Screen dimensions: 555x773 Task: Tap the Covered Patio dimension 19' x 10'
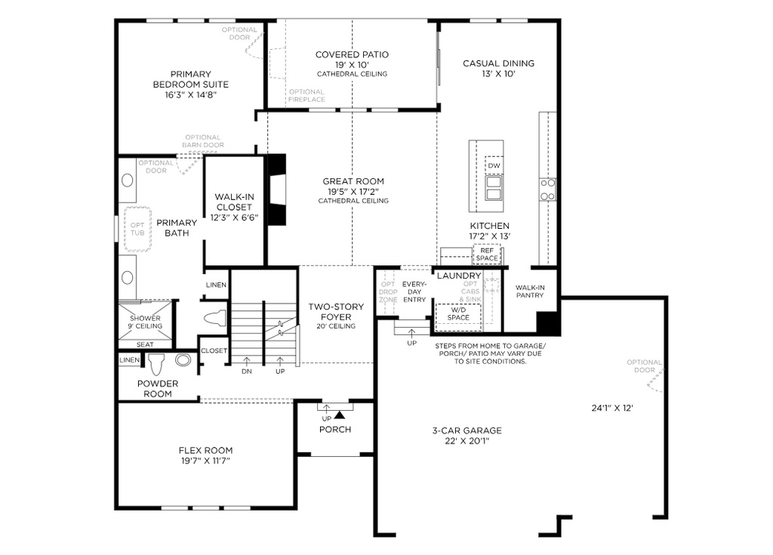(x=352, y=65)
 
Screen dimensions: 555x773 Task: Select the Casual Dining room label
(x=498, y=63)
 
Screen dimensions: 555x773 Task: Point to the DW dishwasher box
(x=494, y=166)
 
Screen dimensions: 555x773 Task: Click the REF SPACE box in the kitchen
(x=487, y=254)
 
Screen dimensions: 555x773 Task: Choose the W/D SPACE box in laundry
(x=458, y=313)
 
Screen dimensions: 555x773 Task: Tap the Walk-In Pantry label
(x=530, y=291)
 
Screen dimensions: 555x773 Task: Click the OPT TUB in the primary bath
(x=137, y=229)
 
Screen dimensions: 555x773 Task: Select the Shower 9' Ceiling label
(x=146, y=322)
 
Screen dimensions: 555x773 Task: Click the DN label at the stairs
(x=246, y=372)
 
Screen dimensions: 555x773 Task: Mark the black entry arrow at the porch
(x=340, y=413)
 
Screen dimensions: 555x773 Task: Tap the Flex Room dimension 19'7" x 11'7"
(x=205, y=461)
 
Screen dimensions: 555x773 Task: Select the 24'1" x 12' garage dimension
(x=611, y=409)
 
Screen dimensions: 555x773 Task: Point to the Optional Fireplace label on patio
(x=306, y=96)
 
